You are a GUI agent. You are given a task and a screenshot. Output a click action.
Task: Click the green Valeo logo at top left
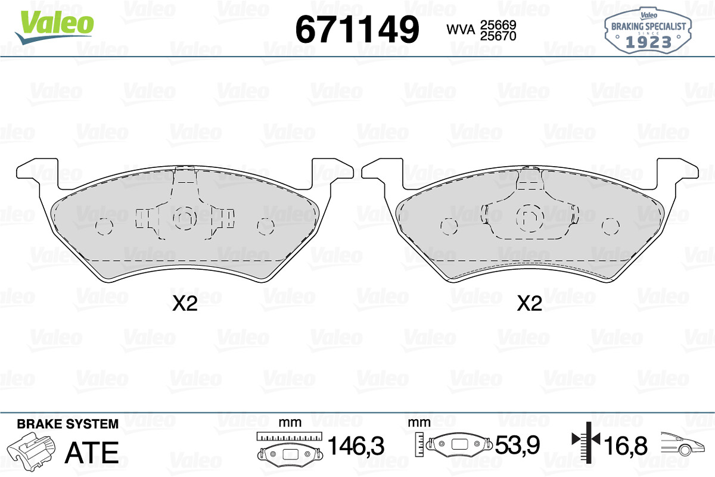(55, 27)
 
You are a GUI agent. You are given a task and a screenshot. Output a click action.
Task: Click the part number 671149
(357, 29)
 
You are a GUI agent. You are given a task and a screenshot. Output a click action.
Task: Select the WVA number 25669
(498, 24)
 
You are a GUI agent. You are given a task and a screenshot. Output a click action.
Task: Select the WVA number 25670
(498, 36)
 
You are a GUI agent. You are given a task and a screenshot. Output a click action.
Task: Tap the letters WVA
(461, 30)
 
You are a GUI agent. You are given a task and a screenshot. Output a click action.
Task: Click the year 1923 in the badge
(648, 42)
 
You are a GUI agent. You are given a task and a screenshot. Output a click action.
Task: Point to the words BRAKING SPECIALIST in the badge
(648, 26)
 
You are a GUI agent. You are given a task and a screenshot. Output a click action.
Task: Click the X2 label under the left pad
(185, 304)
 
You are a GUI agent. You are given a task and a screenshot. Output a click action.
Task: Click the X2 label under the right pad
(530, 304)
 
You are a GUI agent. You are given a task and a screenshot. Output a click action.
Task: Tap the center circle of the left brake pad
(185, 217)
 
